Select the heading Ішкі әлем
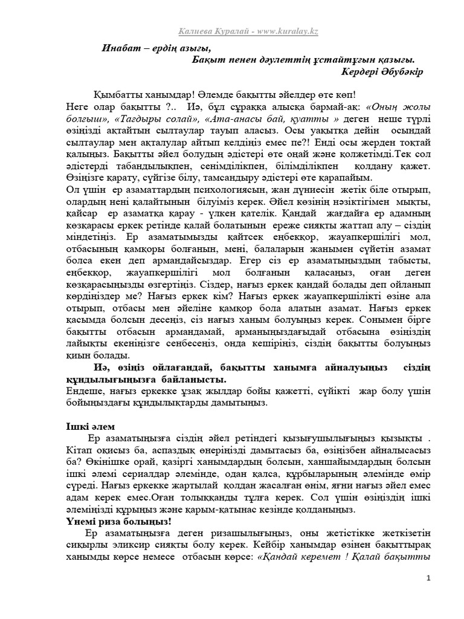(x=89, y=426)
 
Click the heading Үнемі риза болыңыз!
(x=110, y=520)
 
